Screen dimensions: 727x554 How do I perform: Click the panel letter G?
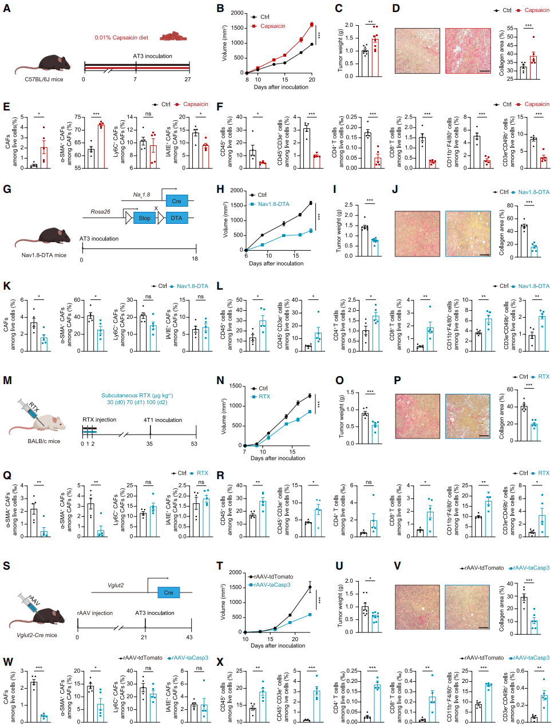click(x=7, y=189)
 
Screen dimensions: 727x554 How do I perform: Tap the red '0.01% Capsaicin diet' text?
click(x=121, y=38)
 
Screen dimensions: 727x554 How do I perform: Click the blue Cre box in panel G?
click(x=176, y=201)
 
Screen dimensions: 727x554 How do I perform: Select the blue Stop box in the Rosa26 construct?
click(x=144, y=218)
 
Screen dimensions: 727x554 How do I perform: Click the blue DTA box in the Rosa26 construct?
click(x=176, y=218)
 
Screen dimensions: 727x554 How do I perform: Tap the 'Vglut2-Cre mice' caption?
click(x=37, y=635)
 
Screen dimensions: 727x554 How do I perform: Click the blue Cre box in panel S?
click(x=168, y=592)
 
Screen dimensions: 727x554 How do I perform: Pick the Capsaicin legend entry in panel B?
click(x=272, y=26)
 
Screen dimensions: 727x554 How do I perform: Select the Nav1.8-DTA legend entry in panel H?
click(x=273, y=204)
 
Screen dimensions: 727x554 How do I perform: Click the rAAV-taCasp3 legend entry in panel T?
click(x=271, y=585)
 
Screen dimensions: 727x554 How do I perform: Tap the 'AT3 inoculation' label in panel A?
click(x=152, y=56)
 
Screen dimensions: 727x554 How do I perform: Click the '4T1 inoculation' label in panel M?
click(x=163, y=420)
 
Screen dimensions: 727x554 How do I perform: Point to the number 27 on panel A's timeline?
click(x=187, y=79)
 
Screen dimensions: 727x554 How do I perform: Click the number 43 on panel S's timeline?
click(x=189, y=637)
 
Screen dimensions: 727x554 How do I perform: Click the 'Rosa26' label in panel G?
click(x=100, y=212)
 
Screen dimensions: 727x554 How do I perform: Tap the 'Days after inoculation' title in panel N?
click(x=278, y=458)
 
